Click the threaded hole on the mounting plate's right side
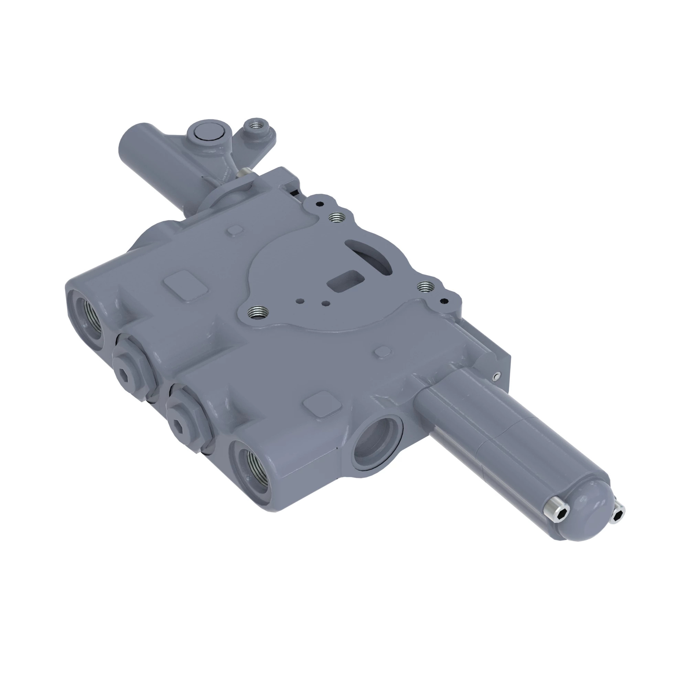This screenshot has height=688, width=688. (425, 286)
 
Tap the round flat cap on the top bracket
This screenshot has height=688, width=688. (206, 132)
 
